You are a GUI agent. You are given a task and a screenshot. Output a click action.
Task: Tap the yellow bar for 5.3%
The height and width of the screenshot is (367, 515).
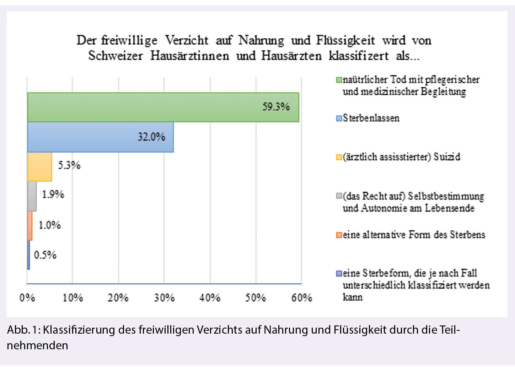pyautogui.click(x=39, y=166)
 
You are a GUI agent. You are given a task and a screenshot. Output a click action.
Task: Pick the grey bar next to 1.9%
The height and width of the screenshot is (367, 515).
pyautogui.click(x=32, y=196)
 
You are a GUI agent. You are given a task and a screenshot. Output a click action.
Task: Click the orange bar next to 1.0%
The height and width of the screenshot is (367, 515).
pyautogui.click(x=30, y=226)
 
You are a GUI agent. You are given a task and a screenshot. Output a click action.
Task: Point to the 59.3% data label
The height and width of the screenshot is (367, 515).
pyautogui.click(x=276, y=106)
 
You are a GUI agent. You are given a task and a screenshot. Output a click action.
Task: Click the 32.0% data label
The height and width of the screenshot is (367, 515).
pyautogui.click(x=151, y=137)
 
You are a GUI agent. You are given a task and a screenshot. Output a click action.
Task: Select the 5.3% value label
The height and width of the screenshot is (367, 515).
pyautogui.click(x=69, y=165)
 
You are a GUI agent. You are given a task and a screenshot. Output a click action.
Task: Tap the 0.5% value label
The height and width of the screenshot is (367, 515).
pyautogui.click(x=45, y=255)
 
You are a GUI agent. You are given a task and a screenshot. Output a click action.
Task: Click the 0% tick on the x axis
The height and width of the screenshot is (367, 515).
pyautogui.click(x=27, y=297)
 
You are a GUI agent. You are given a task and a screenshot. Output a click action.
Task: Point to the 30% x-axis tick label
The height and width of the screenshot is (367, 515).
pyautogui.click(x=164, y=297)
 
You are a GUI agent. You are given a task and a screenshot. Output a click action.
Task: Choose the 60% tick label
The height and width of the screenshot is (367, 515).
pyautogui.click(x=301, y=297)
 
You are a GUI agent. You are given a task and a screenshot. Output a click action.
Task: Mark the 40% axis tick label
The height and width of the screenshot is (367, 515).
pyautogui.click(x=210, y=297)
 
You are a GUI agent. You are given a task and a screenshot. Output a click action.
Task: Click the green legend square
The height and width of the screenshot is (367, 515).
pyautogui.click(x=339, y=80)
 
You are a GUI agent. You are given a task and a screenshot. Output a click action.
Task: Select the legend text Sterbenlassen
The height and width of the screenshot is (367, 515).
pyautogui.click(x=371, y=118)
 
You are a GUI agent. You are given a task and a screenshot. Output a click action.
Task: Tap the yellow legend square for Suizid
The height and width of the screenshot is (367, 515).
pyautogui.click(x=339, y=157)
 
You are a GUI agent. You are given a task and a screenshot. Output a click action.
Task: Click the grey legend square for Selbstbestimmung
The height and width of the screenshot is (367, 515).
pyautogui.click(x=339, y=196)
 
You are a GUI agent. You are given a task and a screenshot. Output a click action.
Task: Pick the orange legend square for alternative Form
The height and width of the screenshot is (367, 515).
pyautogui.click(x=339, y=235)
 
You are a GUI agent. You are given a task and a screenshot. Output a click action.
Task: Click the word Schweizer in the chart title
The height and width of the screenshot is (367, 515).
pyautogui.click(x=115, y=56)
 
